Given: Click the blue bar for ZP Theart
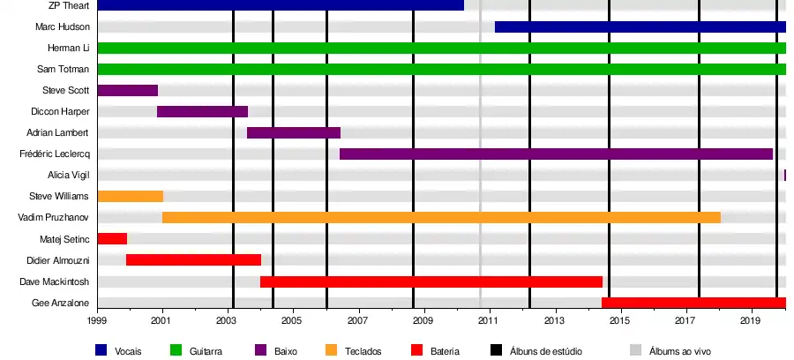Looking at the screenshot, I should point(281,5).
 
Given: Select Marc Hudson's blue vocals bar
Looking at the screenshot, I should point(640,26).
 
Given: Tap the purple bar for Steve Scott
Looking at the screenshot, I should point(128,90).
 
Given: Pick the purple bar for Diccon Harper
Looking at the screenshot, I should point(202,111).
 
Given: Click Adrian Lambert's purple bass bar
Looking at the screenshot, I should point(294,132).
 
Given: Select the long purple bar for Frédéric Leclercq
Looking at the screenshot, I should point(556,154).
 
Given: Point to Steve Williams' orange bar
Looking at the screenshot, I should point(130,196).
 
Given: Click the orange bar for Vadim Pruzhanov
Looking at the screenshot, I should point(441,217).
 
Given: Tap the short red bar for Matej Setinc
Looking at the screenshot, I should point(112,238).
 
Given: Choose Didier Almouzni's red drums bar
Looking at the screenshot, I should point(193,259).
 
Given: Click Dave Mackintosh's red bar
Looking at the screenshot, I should point(431,281).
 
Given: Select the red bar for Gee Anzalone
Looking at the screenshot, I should point(693,303).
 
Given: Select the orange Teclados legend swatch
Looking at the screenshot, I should point(331,350).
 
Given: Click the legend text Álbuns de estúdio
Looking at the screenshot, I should point(546,351).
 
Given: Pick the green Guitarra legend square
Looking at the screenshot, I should point(175,350).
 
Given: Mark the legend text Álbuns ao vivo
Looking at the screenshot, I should point(679,351).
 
